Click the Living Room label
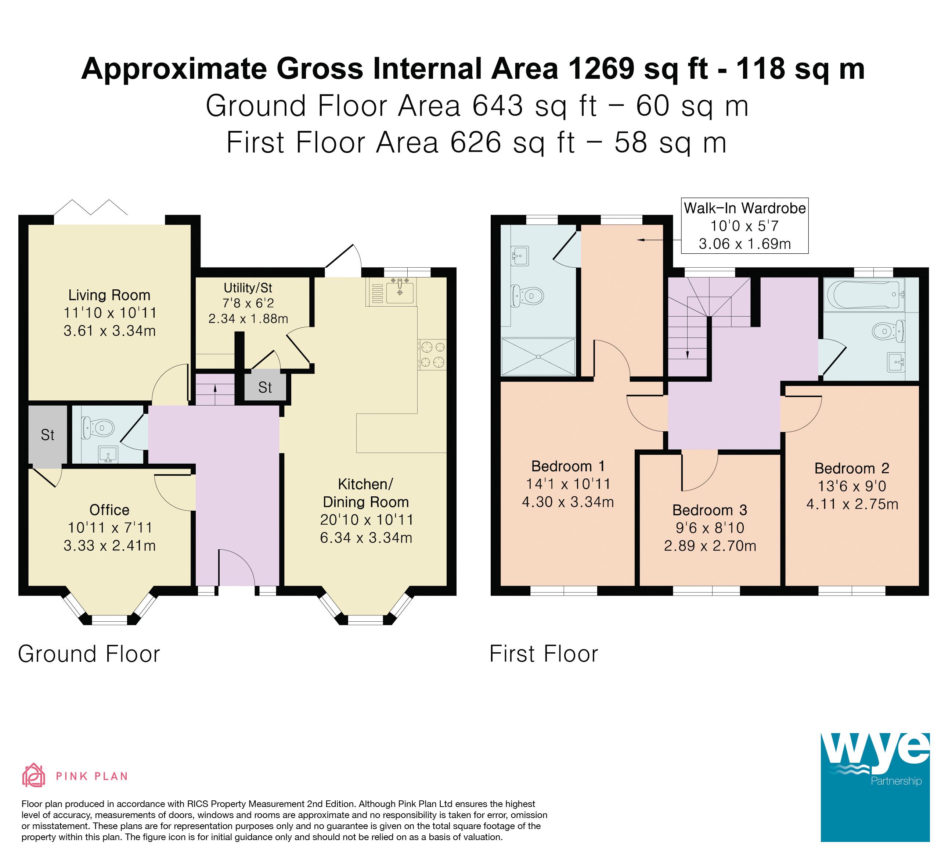coord(109,295)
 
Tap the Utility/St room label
coord(248,288)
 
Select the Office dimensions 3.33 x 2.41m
coord(109,546)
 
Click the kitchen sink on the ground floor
coord(400,292)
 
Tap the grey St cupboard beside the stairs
coord(265,387)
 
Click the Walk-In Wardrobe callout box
coord(745,225)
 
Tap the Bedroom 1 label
coord(568,466)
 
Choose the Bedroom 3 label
coord(710,510)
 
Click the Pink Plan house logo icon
coord(33,775)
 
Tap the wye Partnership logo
coord(875,787)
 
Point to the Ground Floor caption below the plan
coord(89,654)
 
